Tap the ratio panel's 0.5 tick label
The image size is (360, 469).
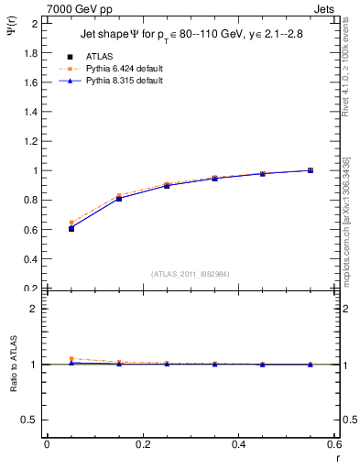pyautogui.click(x=33, y=420)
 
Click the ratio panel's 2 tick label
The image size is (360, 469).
pyautogui.click(x=38, y=309)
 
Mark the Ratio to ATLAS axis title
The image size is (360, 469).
pyautogui.click(x=13, y=365)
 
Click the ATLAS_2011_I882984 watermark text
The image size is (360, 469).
pyautogui.click(x=191, y=274)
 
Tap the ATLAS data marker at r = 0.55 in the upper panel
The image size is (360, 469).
pyautogui.click(x=310, y=170)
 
